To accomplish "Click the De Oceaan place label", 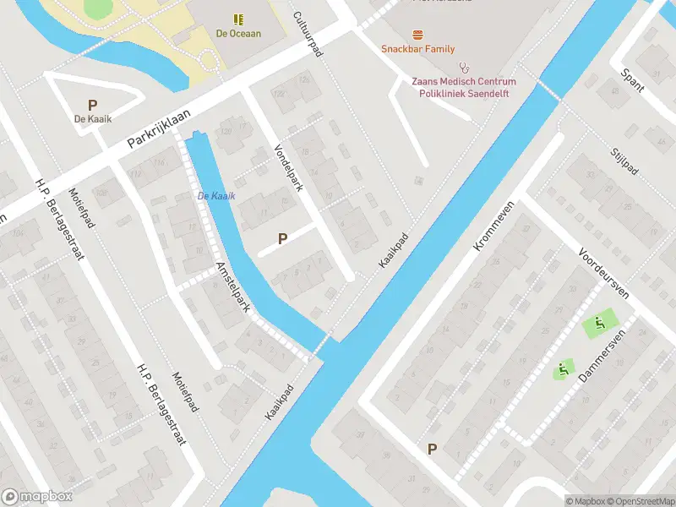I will (x=238, y=34).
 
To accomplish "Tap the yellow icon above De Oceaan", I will (x=238, y=18).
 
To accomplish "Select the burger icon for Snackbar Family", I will (x=417, y=35).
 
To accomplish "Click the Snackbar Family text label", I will (x=417, y=50).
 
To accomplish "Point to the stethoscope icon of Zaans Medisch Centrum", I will (x=463, y=66).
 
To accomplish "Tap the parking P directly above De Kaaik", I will (x=92, y=105).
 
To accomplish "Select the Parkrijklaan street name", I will (x=160, y=128).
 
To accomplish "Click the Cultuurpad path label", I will (x=308, y=35).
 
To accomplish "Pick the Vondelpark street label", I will (x=288, y=167).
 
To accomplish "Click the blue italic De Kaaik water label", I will (x=216, y=196).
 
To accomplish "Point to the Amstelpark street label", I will (x=232, y=287).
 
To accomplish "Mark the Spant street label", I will (x=632, y=80).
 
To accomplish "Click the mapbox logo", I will (x=36, y=497).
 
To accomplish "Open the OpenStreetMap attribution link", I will (x=641, y=501).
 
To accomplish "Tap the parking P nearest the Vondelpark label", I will (x=282, y=239).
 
